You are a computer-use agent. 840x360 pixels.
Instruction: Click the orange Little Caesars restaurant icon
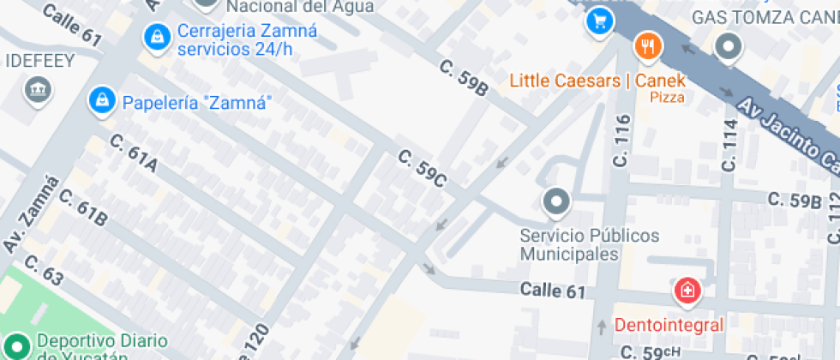point(647,46)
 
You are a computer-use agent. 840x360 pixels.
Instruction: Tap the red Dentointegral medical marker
point(687,291)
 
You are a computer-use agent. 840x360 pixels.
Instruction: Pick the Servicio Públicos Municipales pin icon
point(556,202)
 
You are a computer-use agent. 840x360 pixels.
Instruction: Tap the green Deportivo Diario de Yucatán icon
point(18,346)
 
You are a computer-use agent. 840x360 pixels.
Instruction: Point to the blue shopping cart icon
point(599,21)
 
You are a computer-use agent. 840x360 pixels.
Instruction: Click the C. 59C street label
point(423,168)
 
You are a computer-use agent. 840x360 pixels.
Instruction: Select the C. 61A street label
point(134,153)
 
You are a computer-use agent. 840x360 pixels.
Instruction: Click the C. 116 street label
point(622,141)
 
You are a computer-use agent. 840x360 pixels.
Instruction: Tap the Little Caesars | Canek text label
point(597,81)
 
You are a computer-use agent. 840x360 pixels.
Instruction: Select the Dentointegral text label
point(669,325)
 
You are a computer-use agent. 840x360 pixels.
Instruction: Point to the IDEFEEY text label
point(40,61)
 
